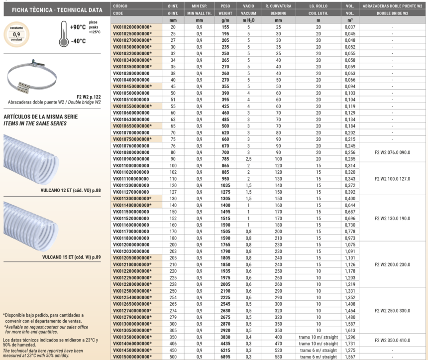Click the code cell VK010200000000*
point(132,27)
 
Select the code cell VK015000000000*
point(132,357)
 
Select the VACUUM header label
point(248,13)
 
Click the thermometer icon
point(63,34)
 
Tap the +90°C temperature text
point(79,27)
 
